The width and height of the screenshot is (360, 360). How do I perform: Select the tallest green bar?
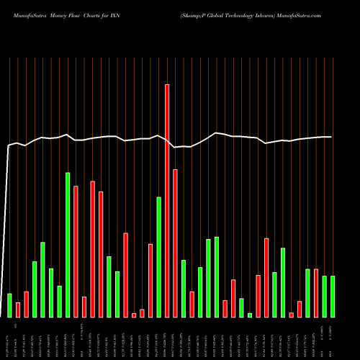point(68,245)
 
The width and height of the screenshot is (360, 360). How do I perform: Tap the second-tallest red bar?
point(175,243)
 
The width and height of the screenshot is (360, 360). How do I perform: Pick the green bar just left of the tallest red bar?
point(158,257)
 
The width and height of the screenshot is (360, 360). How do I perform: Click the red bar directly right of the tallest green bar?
point(76,251)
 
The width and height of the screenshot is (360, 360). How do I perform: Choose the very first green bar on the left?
point(9,305)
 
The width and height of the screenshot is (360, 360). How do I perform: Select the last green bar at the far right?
point(333,297)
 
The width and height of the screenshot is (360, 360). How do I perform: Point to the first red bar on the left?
point(18,310)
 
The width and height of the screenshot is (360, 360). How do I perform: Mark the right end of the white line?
point(331,137)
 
